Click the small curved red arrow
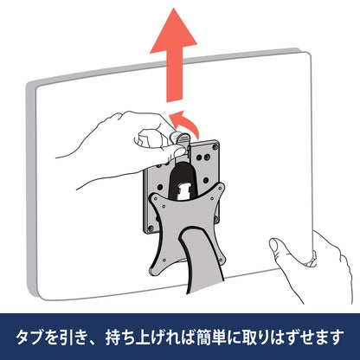point(184,123)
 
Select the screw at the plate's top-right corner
point(215,146)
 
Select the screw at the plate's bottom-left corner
point(150,228)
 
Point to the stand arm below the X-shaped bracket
point(201,260)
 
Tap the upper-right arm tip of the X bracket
point(220,188)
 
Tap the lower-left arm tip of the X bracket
point(155,271)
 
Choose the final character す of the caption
point(337,337)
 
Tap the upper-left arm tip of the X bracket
point(154,198)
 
